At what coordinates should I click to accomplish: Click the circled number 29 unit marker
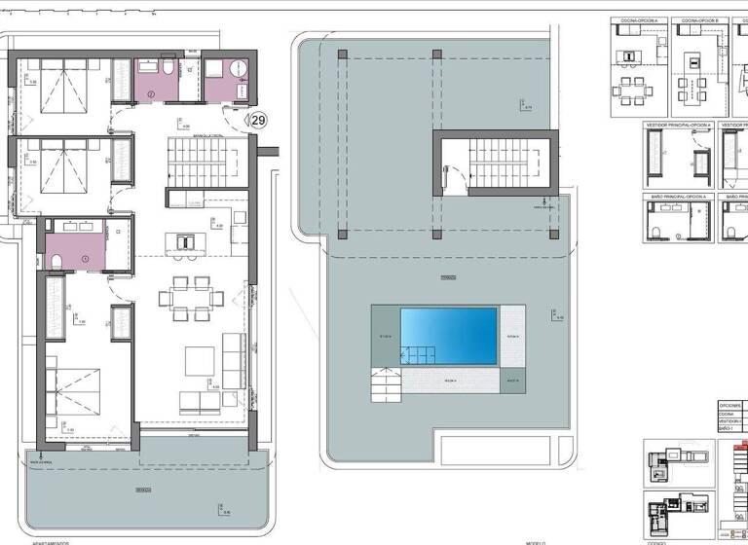258,121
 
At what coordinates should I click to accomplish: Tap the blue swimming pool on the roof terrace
449,336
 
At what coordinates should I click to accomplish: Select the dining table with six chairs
191,298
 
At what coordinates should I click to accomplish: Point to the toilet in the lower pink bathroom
56,261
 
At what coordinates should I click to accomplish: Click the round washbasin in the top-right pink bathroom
236,68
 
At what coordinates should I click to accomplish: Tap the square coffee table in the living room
201,363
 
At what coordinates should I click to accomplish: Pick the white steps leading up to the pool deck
387,383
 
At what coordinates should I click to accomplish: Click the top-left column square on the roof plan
341,54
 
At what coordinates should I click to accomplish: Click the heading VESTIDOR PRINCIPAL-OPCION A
678,125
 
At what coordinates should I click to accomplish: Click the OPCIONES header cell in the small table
729,404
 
